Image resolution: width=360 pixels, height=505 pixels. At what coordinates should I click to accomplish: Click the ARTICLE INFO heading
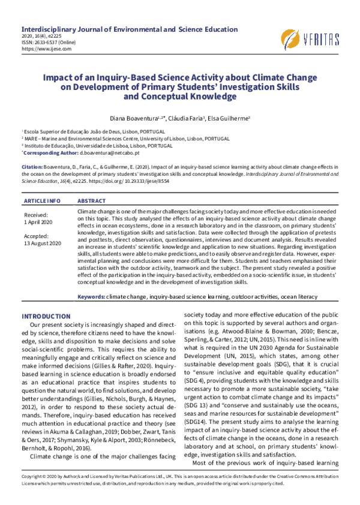[x=41, y=200]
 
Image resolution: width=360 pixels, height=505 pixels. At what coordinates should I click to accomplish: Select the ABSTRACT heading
[x=92, y=200]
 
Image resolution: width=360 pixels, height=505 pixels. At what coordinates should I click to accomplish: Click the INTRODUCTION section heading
[x=46, y=316]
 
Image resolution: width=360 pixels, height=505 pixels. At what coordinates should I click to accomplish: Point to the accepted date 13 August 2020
[x=43, y=243]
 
